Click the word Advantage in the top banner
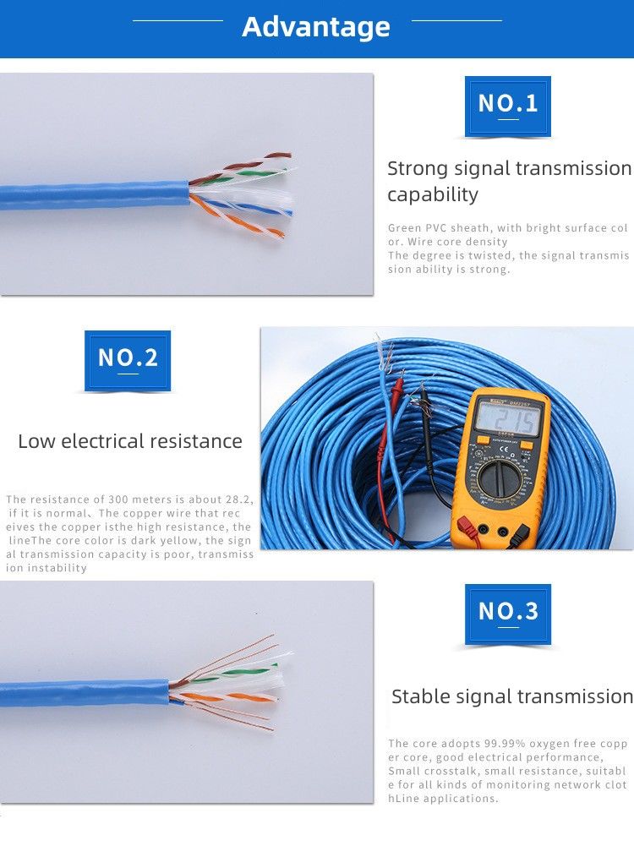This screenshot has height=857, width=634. pyautogui.click(x=316, y=27)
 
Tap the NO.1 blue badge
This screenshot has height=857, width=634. pyautogui.click(x=507, y=104)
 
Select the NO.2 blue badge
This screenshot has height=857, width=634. pyautogui.click(x=128, y=358)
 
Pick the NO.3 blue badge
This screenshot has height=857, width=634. pyautogui.click(x=507, y=612)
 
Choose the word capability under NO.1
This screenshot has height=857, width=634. pyautogui.click(x=433, y=195)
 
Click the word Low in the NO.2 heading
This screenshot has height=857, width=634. pyautogui.click(x=37, y=441)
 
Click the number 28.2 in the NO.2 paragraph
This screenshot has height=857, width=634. pyautogui.click(x=237, y=499)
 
